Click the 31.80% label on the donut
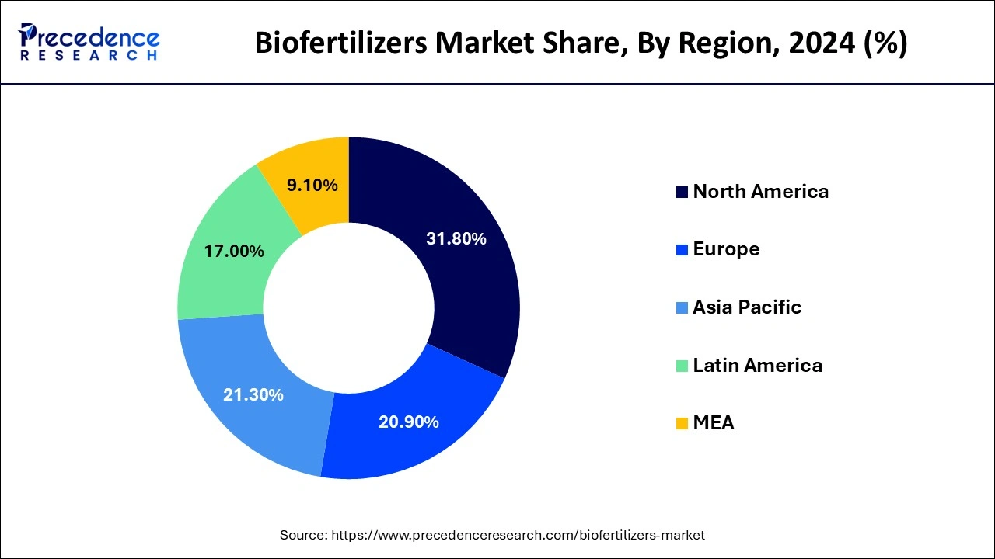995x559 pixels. point(456,239)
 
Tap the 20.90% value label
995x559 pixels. point(409,422)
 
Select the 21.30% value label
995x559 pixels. point(253,394)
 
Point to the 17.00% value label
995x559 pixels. point(234,252)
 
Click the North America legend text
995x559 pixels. point(760,192)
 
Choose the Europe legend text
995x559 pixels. point(726,249)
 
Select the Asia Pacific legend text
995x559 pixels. point(746,307)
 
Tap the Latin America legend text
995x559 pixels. point(757,365)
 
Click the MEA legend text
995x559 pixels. point(714,423)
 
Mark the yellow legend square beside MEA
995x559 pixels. point(682,424)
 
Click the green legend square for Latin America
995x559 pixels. point(682,366)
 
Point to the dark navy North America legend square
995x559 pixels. point(682,193)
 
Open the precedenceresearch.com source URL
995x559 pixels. point(518,535)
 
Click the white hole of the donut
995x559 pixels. point(348,307)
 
